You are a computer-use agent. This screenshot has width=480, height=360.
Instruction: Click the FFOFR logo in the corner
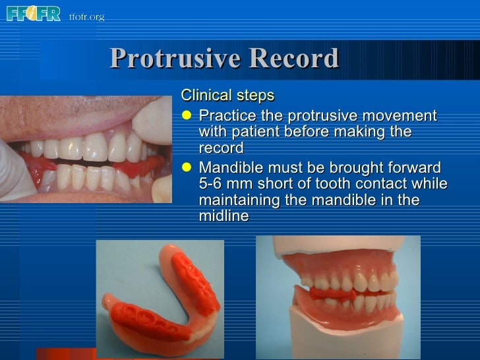(x=33, y=13)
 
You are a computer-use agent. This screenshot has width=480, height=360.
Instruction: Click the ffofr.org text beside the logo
(x=86, y=16)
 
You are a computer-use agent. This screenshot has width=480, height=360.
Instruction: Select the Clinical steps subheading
(x=227, y=96)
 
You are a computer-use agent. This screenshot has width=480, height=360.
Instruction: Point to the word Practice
(x=227, y=116)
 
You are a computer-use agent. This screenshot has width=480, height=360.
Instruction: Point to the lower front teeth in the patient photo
(x=86, y=175)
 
